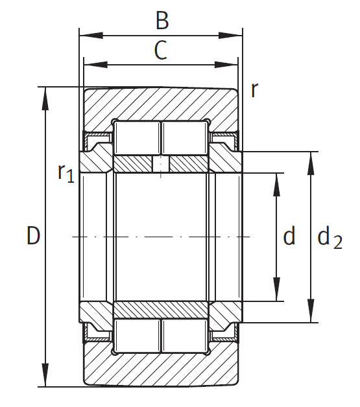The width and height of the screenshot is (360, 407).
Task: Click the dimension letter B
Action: point(162,20)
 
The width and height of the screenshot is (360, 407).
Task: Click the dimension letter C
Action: point(160,50)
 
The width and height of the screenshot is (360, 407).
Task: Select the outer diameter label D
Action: point(34,235)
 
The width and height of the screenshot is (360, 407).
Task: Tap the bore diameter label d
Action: point(289,235)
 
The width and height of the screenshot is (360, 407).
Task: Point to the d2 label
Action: point(330,237)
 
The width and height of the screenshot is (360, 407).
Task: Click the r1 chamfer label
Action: point(66,174)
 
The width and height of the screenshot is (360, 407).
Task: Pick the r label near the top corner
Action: point(254,90)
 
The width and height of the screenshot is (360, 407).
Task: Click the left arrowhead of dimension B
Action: point(91,36)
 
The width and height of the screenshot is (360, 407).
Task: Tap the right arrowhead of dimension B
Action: point(231,36)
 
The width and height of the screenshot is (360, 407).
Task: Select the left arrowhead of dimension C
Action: point(95,65)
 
